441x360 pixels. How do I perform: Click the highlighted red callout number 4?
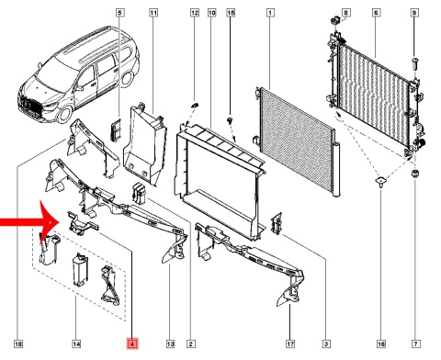(x=132, y=343)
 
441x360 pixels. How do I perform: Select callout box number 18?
(x=18, y=343)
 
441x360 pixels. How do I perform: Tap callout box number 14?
(x=76, y=343)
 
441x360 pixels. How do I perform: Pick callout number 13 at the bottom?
(x=170, y=343)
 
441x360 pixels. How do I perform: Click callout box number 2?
(x=190, y=343)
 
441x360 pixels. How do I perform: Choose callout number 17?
(x=290, y=343)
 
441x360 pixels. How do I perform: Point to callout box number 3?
(x=326, y=343)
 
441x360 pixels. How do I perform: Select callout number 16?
(x=381, y=343)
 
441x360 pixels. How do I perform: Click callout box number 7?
(x=415, y=343)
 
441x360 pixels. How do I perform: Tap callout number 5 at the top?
(x=119, y=13)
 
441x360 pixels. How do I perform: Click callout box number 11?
(x=153, y=13)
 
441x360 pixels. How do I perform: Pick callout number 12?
(x=195, y=13)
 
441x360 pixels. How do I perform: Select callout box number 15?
(x=231, y=13)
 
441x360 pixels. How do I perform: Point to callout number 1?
(x=270, y=13)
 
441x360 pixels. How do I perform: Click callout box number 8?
(x=345, y=13)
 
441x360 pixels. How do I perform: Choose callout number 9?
(x=414, y=13)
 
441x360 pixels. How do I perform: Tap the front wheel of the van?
(x=65, y=113)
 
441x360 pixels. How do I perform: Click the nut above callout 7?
(x=415, y=174)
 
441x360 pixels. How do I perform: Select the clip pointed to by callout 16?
(x=380, y=182)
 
